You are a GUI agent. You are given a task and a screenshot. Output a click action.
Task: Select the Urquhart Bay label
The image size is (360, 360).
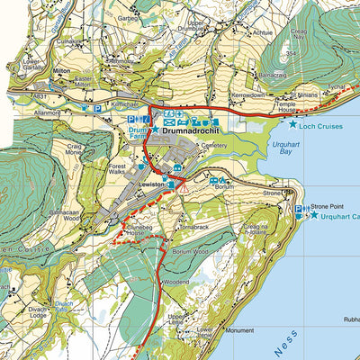(281, 148)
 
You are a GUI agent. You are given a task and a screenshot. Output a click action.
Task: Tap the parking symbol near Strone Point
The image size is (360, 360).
(299, 211)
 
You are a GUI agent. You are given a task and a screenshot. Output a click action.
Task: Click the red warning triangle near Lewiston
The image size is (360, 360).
(183, 190)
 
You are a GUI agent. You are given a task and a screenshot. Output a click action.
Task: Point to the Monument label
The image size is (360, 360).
(240, 330)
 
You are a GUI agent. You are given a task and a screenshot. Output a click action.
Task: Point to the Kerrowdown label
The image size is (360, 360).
(249, 94)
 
